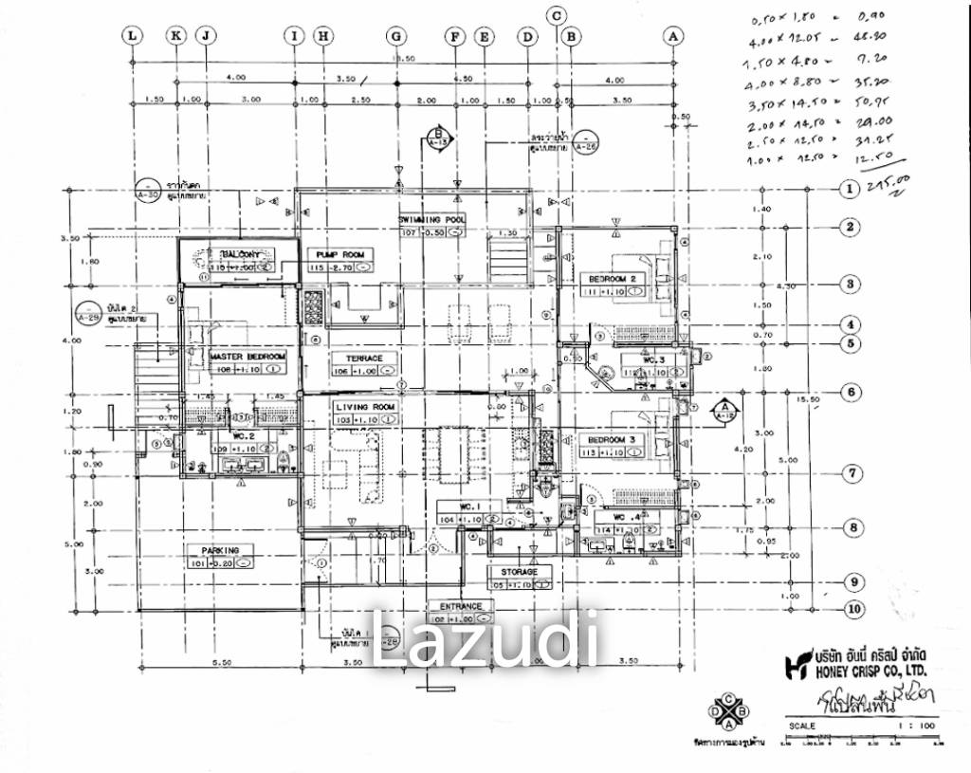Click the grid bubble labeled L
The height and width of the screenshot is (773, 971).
point(132,36)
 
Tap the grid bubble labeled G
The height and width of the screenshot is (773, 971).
point(395,36)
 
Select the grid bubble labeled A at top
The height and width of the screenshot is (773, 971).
point(674,36)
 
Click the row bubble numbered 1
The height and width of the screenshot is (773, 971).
point(849,190)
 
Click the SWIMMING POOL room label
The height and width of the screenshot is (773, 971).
point(431,219)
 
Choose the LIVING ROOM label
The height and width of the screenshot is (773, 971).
point(363,407)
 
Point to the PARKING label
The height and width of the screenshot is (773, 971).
point(220,550)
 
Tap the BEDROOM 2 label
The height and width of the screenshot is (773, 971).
point(616,279)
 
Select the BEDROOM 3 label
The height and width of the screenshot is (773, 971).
point(616,440)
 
